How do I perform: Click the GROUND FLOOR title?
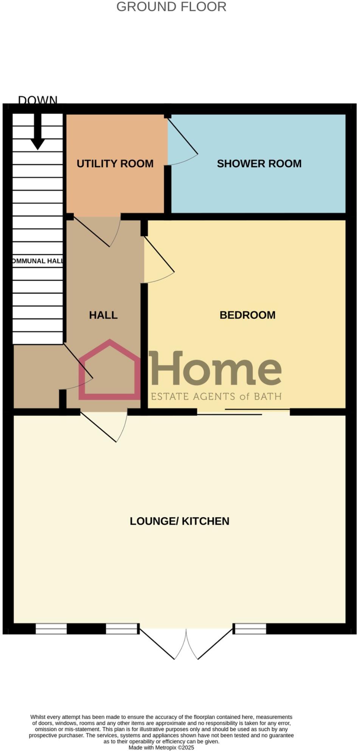click(171, 7)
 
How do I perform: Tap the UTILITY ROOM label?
click(115, 163)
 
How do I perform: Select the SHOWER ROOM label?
click(259, 163)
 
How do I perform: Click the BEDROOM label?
click(247, 315)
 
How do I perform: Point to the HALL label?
click(103, 315)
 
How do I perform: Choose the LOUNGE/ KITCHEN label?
click(179, 521)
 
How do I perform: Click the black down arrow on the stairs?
click(38, 132)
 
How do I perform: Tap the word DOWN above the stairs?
click(38, 100)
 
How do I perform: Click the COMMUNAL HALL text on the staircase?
click(37, 261)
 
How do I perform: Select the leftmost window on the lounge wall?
click(51, 628)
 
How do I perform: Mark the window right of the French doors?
click(250, 628)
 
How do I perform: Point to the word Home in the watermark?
click(216, 369)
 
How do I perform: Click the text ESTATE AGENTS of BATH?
click(216, 396)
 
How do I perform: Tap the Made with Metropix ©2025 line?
click(161, 748)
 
